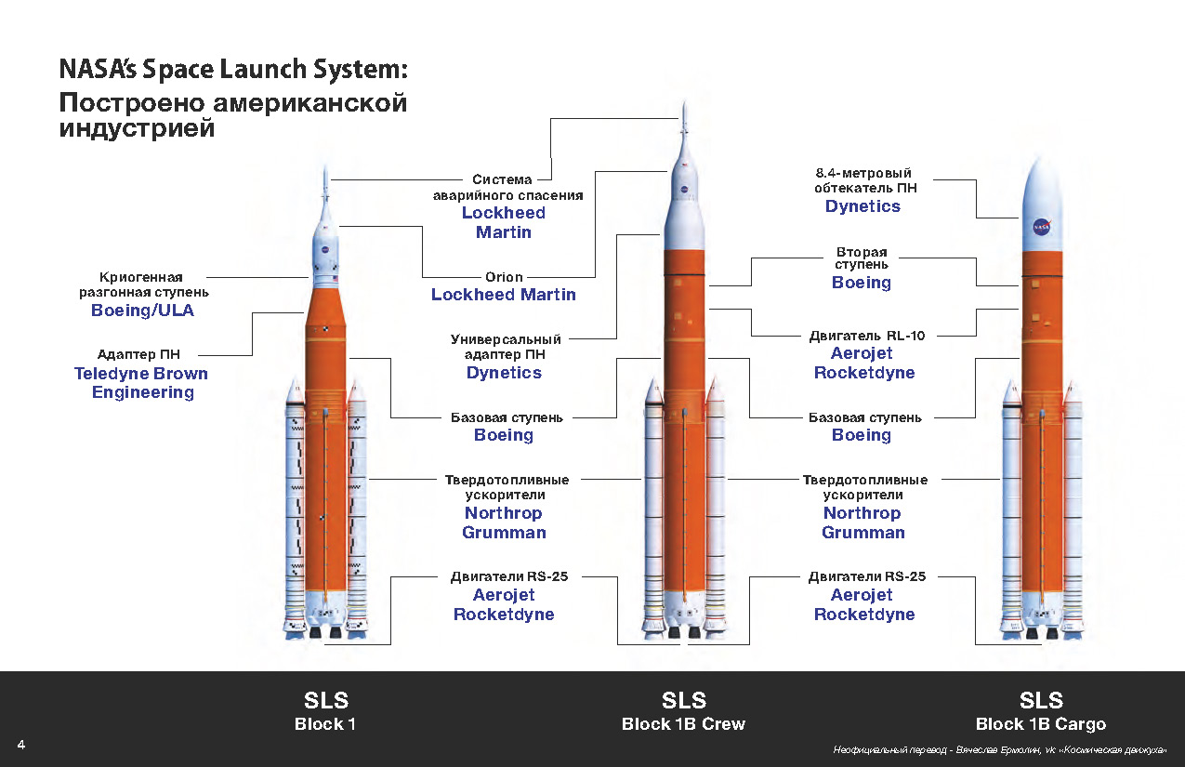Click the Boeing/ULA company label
tap(142, 311)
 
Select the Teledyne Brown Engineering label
tap(142, 383)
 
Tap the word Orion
tap(504, 277)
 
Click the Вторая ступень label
tap(862, 258)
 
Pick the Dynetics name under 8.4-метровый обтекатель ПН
tap(862, 206)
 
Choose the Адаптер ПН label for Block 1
tap(139, 354)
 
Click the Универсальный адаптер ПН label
tap(506, 347)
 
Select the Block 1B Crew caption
tap(683, 724)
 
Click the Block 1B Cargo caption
tap(1040, 724)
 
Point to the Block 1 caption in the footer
tap(325, 724)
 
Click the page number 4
tap(21, 745)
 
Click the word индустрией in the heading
tap(137, 128)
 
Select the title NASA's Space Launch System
tap(232, 71)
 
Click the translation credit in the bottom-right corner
tap(999, 749)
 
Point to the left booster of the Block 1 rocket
tap(296, 511)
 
